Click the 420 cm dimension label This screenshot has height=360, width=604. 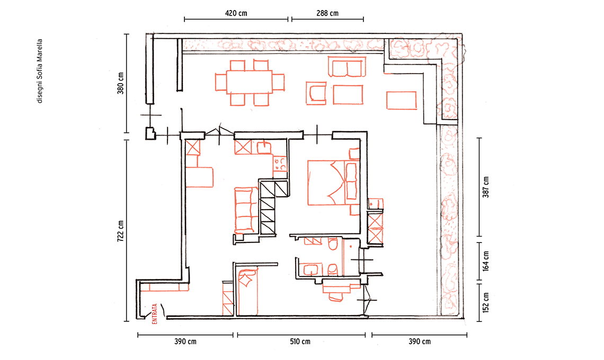(x=236, y=13)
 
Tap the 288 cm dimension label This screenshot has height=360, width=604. (x=327, y=13)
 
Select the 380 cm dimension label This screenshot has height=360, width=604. (x=121, y=83)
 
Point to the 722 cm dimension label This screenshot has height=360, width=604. (x=121, y=231)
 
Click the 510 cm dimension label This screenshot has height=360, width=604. (x=300, y=341)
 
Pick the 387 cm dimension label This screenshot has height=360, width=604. (x=486, y=187)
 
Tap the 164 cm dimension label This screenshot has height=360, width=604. (x=486, y=261)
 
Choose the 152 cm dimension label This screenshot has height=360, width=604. (x=486, y=303)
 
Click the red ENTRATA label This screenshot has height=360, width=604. (x=155, y=314)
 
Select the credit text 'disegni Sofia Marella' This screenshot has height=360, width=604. (x=40, y=71)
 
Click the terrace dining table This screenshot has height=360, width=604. (x=249, y=82)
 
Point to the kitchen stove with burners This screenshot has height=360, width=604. (x=280, y=164)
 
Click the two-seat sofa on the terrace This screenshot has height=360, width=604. (x=347, y=67)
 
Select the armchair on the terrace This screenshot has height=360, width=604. (x=316, y=93)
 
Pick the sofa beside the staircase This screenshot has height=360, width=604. (x=246, y=210)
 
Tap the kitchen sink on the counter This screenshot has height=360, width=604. (x=264, y=148)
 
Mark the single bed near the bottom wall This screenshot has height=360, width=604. (x=247, y=292)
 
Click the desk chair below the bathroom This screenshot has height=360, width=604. (x=335, y=297)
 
